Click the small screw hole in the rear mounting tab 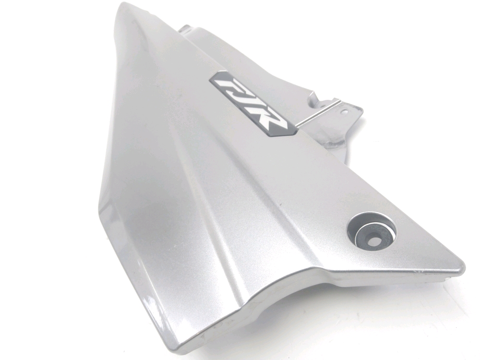tap(346, 112)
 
